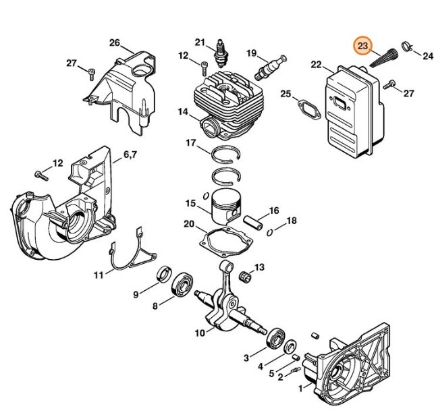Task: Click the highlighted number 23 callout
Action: [x=363, y=46]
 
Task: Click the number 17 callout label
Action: [x=190, y=142]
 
